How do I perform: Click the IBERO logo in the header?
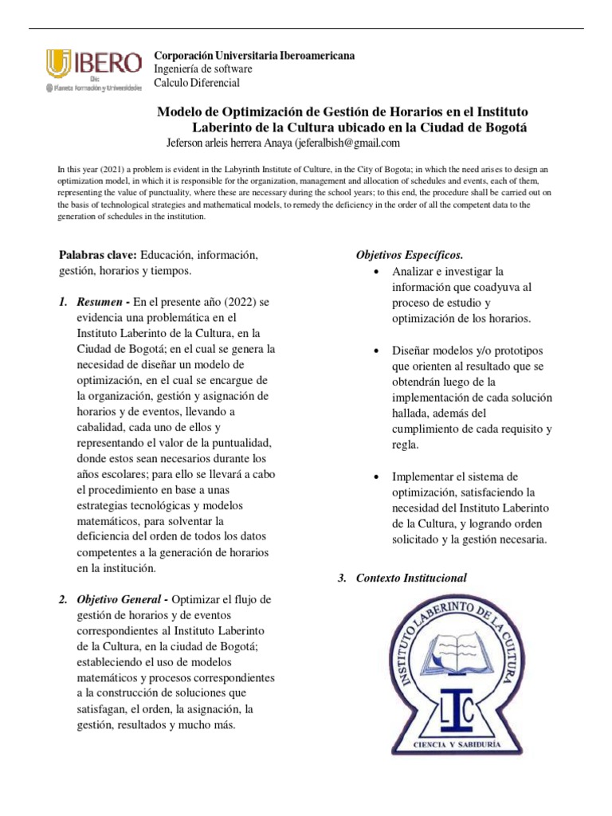[x=94, y=69]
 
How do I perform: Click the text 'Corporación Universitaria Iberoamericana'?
[x=254, y=56]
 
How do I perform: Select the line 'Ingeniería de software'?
[x=204, y=69]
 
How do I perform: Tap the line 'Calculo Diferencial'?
[x=196, y=83]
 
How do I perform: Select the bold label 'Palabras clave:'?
[x=98, y=254]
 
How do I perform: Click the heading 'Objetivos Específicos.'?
[x=409, y=254]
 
